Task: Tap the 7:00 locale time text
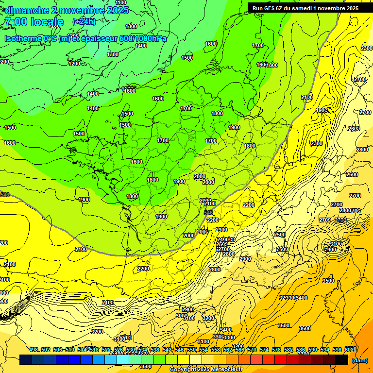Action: point(34,22)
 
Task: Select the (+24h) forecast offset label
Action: point(84,21)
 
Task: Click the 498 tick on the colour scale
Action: point(34,350)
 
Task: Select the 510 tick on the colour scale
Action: point(70,350)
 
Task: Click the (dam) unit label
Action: point(359,360)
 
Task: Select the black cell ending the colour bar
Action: point(341,360)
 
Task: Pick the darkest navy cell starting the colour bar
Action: point(26,360)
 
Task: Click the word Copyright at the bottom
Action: point(183,370)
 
